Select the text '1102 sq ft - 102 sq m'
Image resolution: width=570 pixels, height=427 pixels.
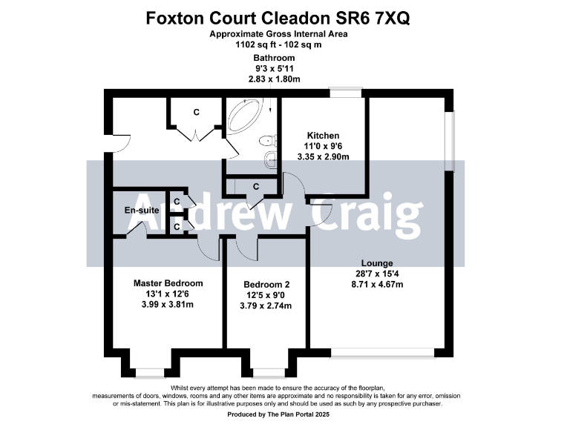(x=284, y=44)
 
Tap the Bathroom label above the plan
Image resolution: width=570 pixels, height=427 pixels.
(x=274, y=58)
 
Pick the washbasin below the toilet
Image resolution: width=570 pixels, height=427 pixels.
(x=271, y=157)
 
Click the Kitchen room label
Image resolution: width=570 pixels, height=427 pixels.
(x=323, y=136)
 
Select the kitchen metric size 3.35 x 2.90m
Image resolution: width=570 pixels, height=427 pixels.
(x=324, y=156)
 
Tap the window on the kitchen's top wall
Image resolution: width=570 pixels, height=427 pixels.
(x=345, y=92)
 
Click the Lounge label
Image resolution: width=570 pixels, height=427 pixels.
(x=377, y=263)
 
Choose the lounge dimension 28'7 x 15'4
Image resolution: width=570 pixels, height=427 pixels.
(x=377, y=274)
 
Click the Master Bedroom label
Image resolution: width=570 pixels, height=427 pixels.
(x=168, y=283)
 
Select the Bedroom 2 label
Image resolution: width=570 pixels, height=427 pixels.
(x=266, y=285)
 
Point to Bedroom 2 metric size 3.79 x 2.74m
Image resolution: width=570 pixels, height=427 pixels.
(x=266, y=304)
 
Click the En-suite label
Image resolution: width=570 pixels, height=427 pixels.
(x=140, y=211)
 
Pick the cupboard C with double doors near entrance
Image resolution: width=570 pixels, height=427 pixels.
(x=196, y=113)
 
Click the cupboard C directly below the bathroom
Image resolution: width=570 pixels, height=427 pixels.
(x=255, y=187)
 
